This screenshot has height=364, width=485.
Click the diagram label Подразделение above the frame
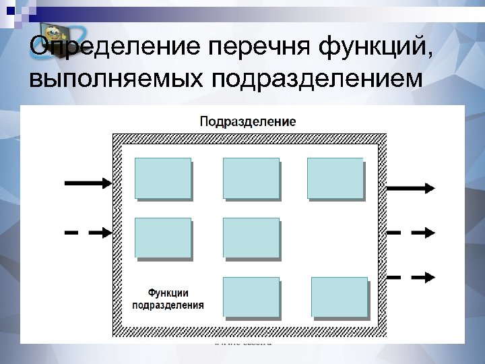[247, 121]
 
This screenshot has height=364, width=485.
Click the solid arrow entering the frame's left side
[88, 182]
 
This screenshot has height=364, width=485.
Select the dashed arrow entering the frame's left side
[88, 232]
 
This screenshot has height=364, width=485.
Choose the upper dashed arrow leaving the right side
[410, 232]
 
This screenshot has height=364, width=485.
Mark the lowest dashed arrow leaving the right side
[410, 276]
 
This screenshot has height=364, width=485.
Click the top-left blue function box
[163, 179]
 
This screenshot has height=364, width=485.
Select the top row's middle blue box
[251, 179]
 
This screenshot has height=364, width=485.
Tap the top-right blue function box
[335, 179]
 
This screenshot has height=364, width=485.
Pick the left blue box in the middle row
[163, 238]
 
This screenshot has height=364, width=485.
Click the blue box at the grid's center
[251, 238]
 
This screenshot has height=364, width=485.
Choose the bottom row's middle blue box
[251, 297]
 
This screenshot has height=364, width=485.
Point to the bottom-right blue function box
[339, 297]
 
